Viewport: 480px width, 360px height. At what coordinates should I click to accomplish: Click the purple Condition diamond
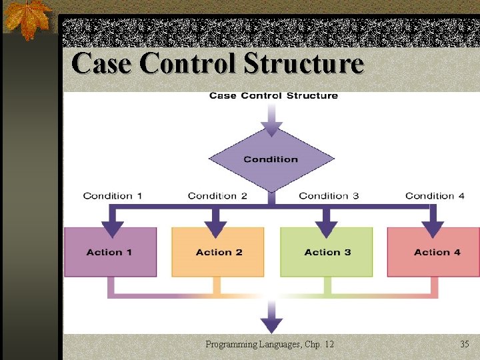[271, 159]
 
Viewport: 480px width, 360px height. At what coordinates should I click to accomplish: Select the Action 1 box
[110, 252]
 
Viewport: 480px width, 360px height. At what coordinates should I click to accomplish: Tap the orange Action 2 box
[218, 252]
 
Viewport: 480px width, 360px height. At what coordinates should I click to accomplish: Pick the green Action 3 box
[326, 252]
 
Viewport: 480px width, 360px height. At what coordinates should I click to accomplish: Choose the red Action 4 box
[433, 252]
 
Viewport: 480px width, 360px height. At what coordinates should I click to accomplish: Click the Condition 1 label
[112, 195]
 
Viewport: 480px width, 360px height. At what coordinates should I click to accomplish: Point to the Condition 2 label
[217, 195]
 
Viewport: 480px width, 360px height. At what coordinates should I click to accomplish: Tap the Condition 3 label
[329, 195]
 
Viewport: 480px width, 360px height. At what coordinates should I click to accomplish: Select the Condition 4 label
[435, 195]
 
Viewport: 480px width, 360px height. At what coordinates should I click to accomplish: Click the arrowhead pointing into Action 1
[113, 229]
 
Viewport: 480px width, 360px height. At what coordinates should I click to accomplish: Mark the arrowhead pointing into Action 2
[215, 229]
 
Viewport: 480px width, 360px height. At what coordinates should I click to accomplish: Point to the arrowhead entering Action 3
[326, 229]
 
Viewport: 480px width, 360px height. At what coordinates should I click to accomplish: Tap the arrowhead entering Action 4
[433, 229]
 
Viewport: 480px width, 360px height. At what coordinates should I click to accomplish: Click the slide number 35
[465, 344]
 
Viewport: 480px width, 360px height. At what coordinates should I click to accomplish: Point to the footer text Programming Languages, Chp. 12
[270, 344]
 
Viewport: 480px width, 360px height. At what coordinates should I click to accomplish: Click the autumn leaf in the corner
[27, 19]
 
